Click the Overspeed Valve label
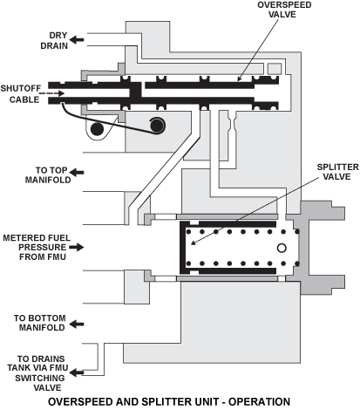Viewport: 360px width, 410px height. click(x=284, y=10)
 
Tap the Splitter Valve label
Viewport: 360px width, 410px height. click(x=337, y=172)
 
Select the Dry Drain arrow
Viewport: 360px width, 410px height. click(x=77, y=39)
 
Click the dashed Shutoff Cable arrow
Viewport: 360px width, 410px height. click(x=51, y=93)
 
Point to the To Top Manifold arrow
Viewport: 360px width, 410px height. click(x=77, y=173)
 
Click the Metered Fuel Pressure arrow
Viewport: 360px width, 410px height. click(x=77, y=247)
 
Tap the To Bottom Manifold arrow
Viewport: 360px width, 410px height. click(x=77, y=324)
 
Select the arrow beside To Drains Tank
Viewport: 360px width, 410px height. click(x=77, y=372)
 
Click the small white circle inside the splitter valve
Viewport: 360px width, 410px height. click(x=282, y=248)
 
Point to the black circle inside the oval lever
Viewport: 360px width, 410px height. click(x=97, y=129)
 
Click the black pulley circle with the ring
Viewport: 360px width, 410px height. click(x=157, y=126)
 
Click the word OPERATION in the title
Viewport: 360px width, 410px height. click(x=259, y=402)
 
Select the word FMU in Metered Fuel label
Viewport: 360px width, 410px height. click(x=57, y=257)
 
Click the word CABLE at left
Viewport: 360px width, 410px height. click(x=24, y=99)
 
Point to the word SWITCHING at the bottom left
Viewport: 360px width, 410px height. click(x=40, y=378)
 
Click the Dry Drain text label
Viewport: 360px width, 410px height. click(x=54, y=40)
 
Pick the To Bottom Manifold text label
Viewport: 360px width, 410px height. click(x=40, y=323)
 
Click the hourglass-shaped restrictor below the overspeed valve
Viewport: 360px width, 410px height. click(x=232, y=124)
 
